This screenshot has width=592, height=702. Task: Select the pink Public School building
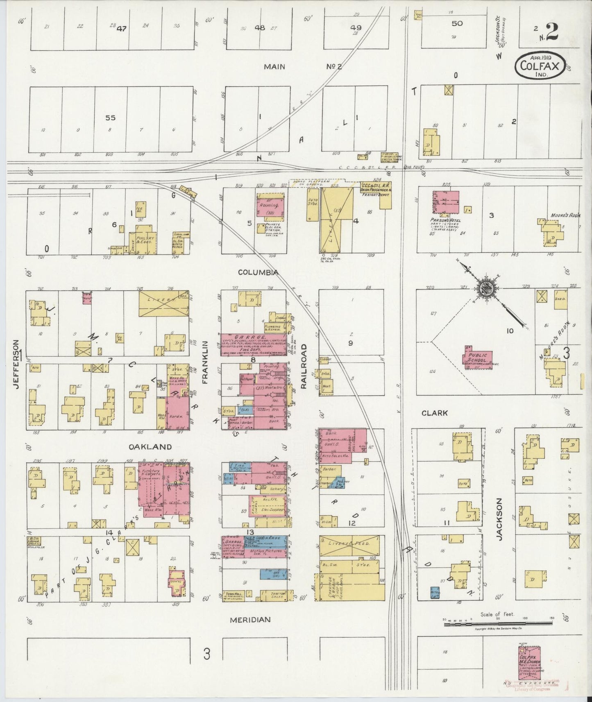[x=478, y=357]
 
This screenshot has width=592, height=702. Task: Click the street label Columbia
[x=258, y=272]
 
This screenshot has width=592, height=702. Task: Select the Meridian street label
[x=250, y=620]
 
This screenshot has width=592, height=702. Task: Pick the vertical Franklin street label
[x=206, y=362]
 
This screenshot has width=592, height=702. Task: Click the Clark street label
[x=435, y=413]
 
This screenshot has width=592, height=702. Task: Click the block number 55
[x=110, y=118]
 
